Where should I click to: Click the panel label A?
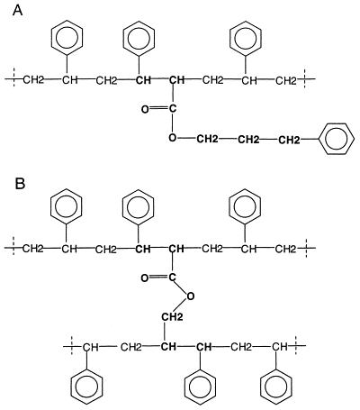[18, 11]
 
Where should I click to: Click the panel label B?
[20, 184]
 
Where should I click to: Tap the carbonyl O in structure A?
[145, 110]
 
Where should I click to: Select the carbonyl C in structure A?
[172, 108]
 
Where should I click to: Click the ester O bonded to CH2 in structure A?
[172, 138]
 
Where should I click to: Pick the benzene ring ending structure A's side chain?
[337, 139]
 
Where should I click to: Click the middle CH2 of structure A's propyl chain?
[248, 140]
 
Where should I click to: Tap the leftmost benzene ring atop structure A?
[67, 38]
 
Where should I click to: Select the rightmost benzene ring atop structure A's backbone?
[245, 38]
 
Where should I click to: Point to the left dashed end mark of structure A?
[14, 78]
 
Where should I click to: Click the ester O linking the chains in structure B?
[190, 296]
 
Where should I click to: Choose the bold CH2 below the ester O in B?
[172, 317]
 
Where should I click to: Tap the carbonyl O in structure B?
[145, 278]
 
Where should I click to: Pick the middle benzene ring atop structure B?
[139, 206]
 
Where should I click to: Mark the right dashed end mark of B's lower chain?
[297, 346]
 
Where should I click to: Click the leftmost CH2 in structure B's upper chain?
[33, 249]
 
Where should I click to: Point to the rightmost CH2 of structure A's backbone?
[286, 80]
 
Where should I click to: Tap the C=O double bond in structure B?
[158, 278]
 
